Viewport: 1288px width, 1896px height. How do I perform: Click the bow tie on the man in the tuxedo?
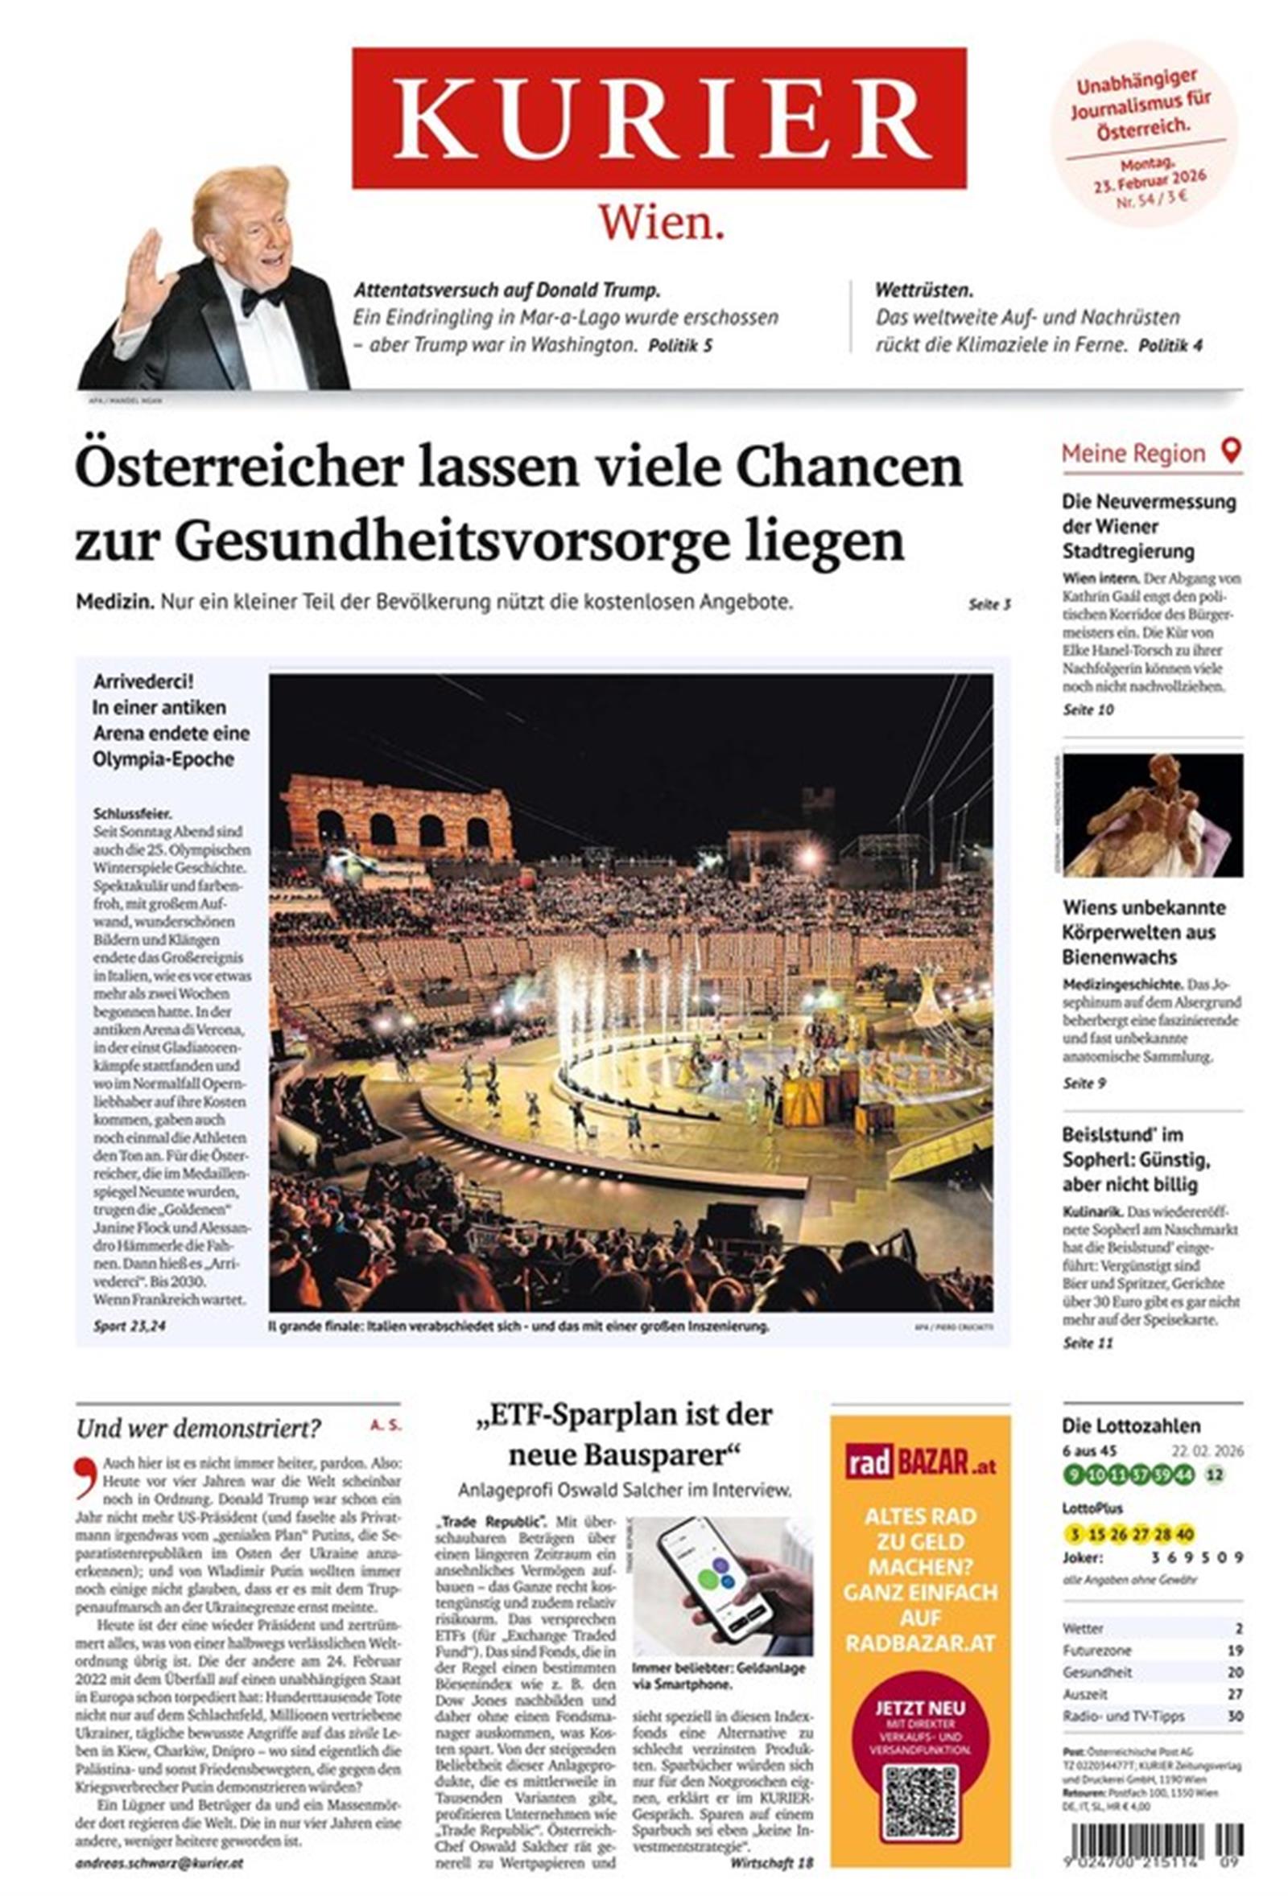[260, 299]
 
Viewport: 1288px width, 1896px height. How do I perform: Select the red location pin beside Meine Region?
[1230, 451]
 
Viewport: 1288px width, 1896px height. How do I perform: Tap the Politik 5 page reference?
[680, 346]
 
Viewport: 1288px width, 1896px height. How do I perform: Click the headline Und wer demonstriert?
[198, 1429]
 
